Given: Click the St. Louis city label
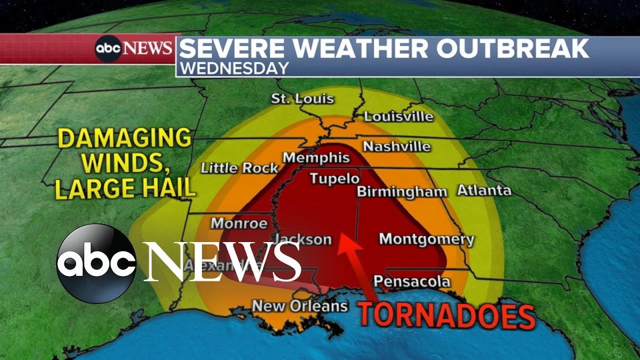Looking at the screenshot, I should pyautogui.click(x=302, y=98).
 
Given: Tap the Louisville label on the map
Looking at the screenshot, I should pyautogui.click(x=398, y=117).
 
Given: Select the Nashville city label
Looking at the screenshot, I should pyautogui.click(x=396, y=146).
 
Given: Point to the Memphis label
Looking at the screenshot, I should pyautogui.click(x=316, y=158).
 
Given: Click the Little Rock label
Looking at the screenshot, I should pyautogui.click(x=239, y=168).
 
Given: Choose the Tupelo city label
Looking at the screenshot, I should pyautogui.click(x=334, y=178).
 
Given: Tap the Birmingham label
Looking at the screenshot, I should pyautogui.click(x=401, y=192).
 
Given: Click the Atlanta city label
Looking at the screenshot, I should pyautogui.click(x=484, y=190).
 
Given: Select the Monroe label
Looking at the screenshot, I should pyautogui.click(x=238, y=223).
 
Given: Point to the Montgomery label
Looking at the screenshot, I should pyautogui.click(x=426, y=239).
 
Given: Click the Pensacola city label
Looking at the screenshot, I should pyautogui.click(x=411, y=281).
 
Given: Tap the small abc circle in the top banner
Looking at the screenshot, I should pyautogui.click(x=108, y=48).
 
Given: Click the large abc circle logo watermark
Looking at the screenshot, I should pyautogui.click(x=96, y=263).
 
